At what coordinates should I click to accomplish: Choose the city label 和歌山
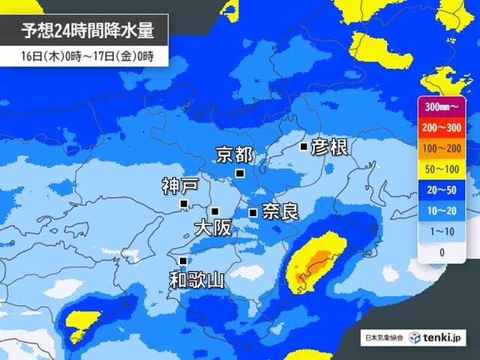tap(196, 280)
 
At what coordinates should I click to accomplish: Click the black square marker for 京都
tap(240, 173)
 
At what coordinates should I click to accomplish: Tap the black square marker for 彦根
tap(303, 147)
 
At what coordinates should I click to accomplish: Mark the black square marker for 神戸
tap(184, 203)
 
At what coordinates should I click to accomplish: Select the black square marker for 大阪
tap(214, 211)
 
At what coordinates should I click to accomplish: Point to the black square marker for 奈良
tap(253, 213)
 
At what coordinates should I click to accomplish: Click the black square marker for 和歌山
tap(182, 260)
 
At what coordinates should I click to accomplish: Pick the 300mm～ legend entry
tap(442, 106)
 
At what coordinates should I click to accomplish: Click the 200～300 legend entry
tap(442, 127)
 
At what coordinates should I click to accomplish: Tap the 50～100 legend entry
tap(442, 169)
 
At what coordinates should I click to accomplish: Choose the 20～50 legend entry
tap(442, 190)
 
